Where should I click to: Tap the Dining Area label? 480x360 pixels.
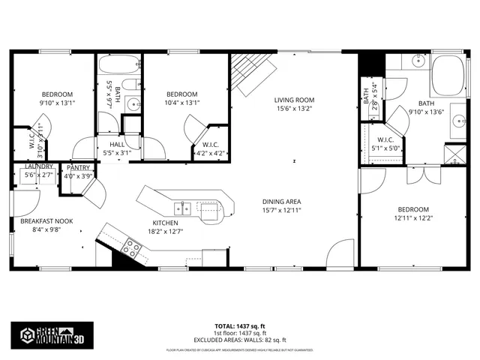click(281, 201)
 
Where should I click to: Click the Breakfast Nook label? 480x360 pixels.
click(46, 220)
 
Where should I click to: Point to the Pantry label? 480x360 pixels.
click(79, 168)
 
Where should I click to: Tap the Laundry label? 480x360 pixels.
click(38, 166)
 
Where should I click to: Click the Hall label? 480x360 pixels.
click(117, 144)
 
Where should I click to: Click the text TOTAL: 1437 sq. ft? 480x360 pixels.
click(241, 327)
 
